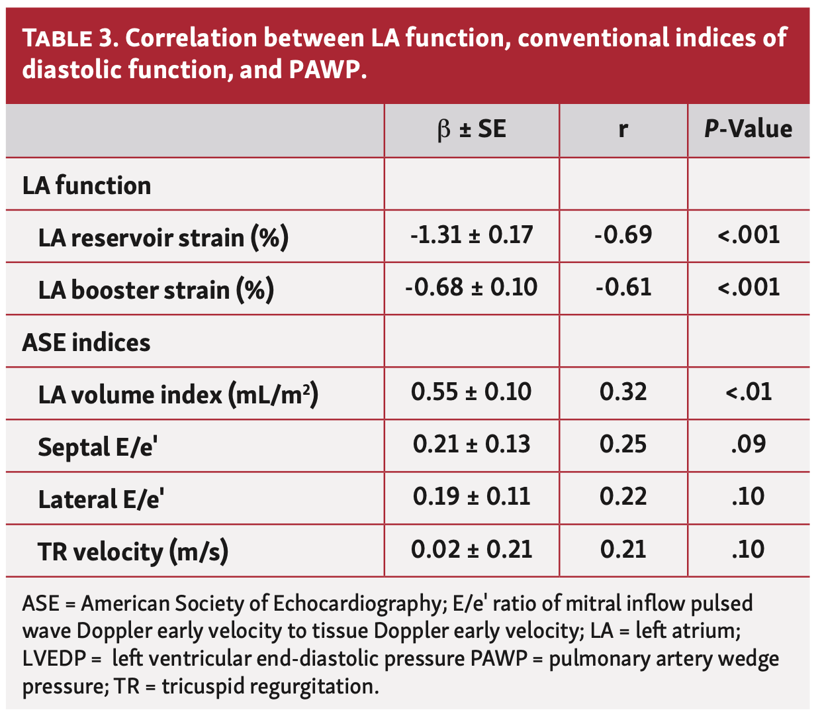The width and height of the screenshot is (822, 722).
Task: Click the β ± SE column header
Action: [x=471, y=129]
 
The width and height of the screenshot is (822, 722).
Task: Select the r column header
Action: [x=623, y=129]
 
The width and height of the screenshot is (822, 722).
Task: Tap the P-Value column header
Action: [x=748, y=129]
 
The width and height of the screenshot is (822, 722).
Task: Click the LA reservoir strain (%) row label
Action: [x=163, y=237]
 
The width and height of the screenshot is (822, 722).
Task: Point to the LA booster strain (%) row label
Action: [x=156, y=289]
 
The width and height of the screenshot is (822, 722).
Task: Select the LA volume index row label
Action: [x=178, y=395]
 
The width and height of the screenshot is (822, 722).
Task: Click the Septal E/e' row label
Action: [x=97, y=447]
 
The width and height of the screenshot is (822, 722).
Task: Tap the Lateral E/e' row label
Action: [x=101, y=499]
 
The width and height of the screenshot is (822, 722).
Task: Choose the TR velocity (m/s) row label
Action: [x=133, y=551]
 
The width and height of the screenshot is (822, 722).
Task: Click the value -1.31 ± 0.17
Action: [x=471, y=235]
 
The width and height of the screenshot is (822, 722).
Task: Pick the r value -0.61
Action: [x=623, y=287]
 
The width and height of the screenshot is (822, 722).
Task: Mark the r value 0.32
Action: [x=623, y=392]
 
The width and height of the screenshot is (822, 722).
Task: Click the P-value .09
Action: [x=749, y=444]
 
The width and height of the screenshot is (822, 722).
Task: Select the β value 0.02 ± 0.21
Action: [x=471, y=550]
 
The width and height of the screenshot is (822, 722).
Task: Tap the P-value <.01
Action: [x=749, y=392]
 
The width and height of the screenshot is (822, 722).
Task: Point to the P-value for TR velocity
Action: [x=749, y=550]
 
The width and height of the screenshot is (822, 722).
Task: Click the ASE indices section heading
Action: [x=86, y=342]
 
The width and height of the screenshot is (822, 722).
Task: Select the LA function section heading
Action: [x=87, y=185]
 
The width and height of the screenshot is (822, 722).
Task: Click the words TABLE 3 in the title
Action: [x=69, y=39]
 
